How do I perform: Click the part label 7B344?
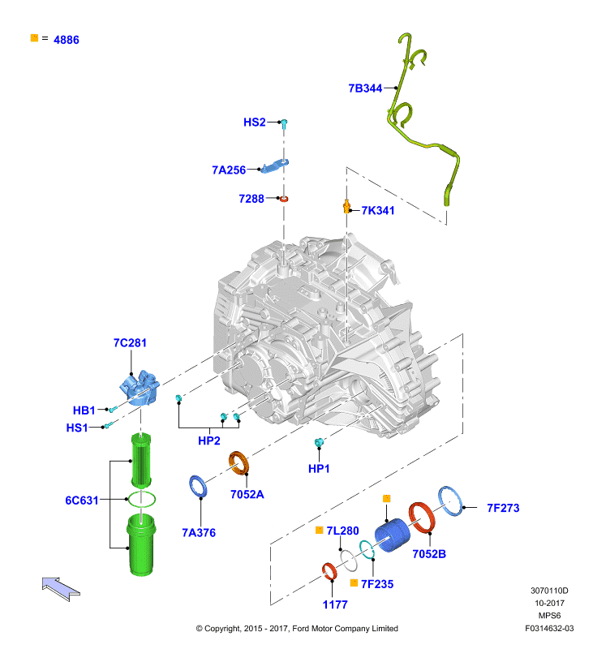[365, 88]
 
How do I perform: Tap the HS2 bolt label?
[254, 122]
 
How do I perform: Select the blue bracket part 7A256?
[275, 165]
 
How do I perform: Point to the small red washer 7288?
[284, 199]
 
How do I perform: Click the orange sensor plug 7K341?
[346, 206]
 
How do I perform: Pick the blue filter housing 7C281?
[140, 388]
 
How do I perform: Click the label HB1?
[84, 410]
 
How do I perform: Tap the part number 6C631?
[81, 501]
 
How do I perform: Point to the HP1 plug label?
[319, 469]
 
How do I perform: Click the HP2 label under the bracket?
[209, 441]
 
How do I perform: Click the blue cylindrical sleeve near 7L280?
[393, 535]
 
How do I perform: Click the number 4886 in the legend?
[67, 40]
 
